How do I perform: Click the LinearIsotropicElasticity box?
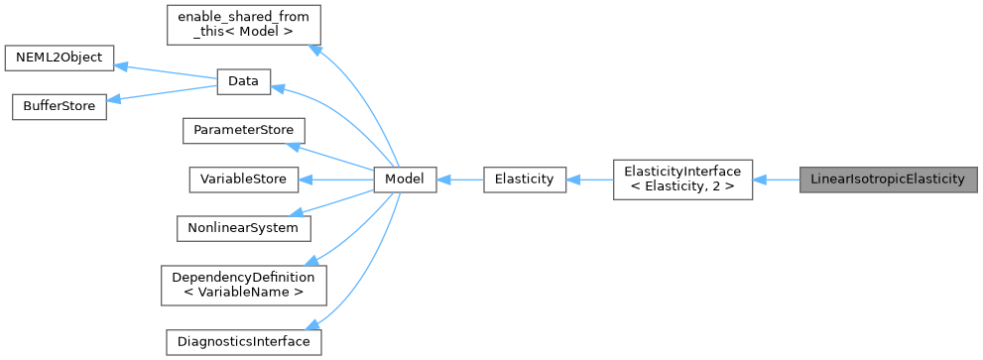[x=888, y=180]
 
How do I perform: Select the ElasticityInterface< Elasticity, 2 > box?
[x=682, y=180]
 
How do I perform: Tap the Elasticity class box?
[x=524, y=180]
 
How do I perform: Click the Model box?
[x=405, y=180]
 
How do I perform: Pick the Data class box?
[x=243, y=83]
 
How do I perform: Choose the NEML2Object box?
[x=60, y=58]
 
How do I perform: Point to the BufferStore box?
[x=59, y=107]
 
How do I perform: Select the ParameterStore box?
[x=243, y=131]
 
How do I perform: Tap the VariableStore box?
[x=243, y=180]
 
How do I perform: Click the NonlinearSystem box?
[x=243, y=227]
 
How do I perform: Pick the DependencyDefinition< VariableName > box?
[x=243, y=284]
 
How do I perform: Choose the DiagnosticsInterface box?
[x=243, y=341]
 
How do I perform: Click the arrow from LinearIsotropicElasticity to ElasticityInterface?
[x=777, y=180]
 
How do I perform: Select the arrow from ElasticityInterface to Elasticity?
[x=589, y=180]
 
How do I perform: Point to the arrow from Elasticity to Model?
[x=459, y=180]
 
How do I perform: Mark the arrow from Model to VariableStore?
[x=337, y=180]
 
